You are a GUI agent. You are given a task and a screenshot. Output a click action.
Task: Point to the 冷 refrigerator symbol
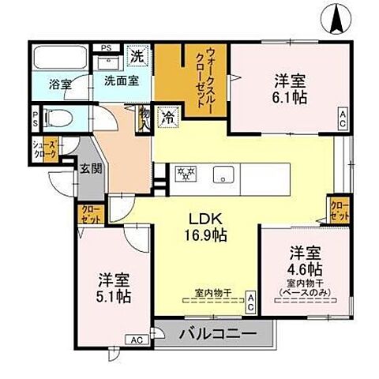(x=166, y=114)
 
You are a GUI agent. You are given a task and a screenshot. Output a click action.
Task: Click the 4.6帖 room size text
(x=304, y=269)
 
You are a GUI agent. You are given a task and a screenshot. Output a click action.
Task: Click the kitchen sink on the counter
(x=225, y=174)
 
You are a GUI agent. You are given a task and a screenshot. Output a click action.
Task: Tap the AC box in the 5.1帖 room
(x=135, y=340)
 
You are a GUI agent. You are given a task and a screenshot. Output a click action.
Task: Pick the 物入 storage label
(x=144, y=119)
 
